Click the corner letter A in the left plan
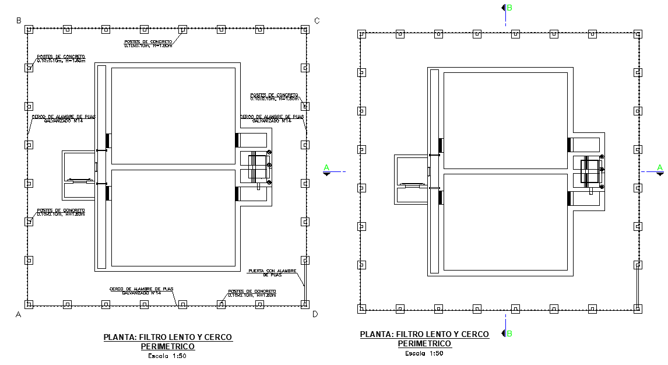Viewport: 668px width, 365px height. pos(19,314)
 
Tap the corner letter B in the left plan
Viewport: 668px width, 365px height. pos(19,20)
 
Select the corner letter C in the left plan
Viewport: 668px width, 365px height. pos(317,20)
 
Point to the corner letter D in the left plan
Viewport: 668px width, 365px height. pos(315,314)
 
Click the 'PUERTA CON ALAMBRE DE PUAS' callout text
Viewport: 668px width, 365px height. pos(272,272)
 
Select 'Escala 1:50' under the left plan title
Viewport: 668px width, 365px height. pos(167,356)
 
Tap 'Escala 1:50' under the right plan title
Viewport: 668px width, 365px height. pos(424,353)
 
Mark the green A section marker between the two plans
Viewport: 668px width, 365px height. pos(327,170)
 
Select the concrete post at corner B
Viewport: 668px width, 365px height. pos(29,29)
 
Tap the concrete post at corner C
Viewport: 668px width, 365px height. pos(305,29)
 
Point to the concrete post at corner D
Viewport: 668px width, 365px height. pos(305,304)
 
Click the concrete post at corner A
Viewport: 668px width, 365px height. pos(29,304)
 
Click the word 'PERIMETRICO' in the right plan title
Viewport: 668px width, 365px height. pos(424,343)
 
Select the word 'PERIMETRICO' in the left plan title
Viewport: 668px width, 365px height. pos(168,346)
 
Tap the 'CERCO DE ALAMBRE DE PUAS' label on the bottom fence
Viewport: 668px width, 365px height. pos(142,290)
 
